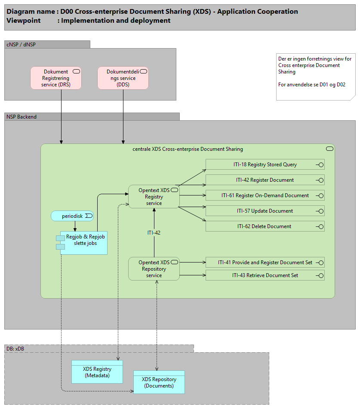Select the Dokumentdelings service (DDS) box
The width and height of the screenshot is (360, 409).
[x=123, y=78]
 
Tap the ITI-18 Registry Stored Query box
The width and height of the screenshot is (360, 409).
[x=265, y=165]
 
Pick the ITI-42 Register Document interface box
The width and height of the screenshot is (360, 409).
[x=265, y=180]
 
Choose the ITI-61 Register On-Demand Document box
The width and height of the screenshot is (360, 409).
[x=265, y=195]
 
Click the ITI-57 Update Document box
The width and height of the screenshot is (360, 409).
[x=265, y=211]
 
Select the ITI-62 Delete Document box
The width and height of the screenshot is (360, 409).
[x=265, y=226]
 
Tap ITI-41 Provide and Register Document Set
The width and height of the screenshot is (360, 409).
[x=265, y=262]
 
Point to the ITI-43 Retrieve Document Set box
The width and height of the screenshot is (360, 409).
[x=265, y=275]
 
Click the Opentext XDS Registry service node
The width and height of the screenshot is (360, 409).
[x=154, y=197]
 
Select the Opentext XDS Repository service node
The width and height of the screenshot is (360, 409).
[x=154, y=269]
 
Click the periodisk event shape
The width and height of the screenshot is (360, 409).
[x=72, y=216]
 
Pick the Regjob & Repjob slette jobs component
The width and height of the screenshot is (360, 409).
[x=84, y=243]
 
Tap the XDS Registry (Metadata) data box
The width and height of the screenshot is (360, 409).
[x=97, y=372]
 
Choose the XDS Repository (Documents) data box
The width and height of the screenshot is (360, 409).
[x=159, y=382]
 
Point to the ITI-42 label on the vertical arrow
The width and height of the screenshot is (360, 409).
[x=154, y=233]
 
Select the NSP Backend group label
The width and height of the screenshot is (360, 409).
[x=22, y=116]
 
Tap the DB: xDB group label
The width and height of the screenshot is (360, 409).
[x=15, y=348]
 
